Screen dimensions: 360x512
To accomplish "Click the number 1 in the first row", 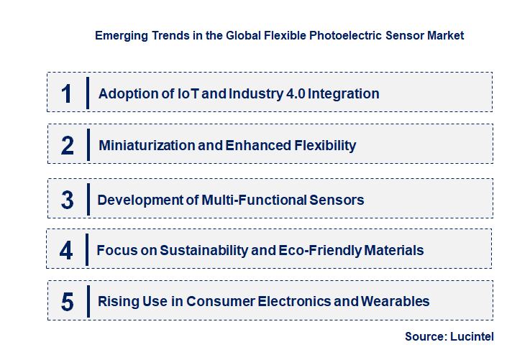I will click(67, 93).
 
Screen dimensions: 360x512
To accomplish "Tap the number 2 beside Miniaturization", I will click(67, 145).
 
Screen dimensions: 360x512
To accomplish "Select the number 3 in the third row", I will click(67, 200).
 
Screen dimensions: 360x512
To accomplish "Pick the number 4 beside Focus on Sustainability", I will click(67, 250).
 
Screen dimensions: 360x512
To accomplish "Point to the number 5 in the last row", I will click(67, 302).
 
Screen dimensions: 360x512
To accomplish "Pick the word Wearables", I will click(395, 302).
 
